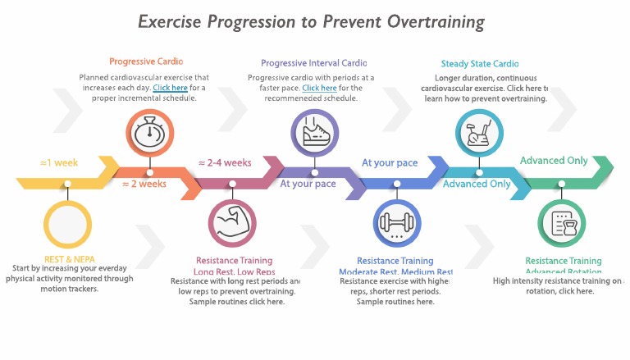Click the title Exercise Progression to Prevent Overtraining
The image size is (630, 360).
[311, 21]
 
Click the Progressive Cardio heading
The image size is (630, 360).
[146, 62]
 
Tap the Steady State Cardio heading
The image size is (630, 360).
[480, 64]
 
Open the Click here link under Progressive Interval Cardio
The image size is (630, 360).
[319, 88]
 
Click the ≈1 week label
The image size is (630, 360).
[59, 162]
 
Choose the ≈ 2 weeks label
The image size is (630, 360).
[144, 184]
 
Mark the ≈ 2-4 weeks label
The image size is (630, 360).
[225, 162]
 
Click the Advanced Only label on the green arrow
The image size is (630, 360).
[554, 161]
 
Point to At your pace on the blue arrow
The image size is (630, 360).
[390, 162]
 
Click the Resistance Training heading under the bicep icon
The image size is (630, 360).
[234, 261]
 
